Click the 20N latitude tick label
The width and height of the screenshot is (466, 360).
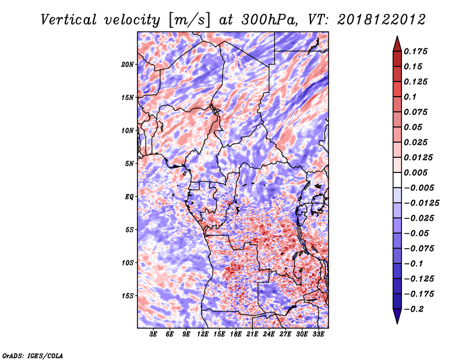127,65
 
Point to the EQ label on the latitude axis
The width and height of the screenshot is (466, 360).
129,197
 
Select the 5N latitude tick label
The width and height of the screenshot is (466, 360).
129,164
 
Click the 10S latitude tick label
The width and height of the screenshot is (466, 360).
127,263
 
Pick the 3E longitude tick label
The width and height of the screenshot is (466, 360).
153,334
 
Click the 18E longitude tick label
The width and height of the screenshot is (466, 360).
236,334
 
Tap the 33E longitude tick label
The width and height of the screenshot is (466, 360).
318,334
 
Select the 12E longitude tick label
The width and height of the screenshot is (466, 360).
203,334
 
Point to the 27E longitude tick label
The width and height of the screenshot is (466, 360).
285,334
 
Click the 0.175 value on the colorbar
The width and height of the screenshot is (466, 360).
415,51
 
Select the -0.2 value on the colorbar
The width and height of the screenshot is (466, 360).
414,309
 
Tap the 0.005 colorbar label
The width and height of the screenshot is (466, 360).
415,172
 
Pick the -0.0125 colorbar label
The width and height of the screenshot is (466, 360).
421,203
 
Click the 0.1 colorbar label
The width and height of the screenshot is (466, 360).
410,97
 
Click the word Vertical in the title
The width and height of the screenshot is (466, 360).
69,20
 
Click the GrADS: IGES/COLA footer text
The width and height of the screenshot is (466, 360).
33,355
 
